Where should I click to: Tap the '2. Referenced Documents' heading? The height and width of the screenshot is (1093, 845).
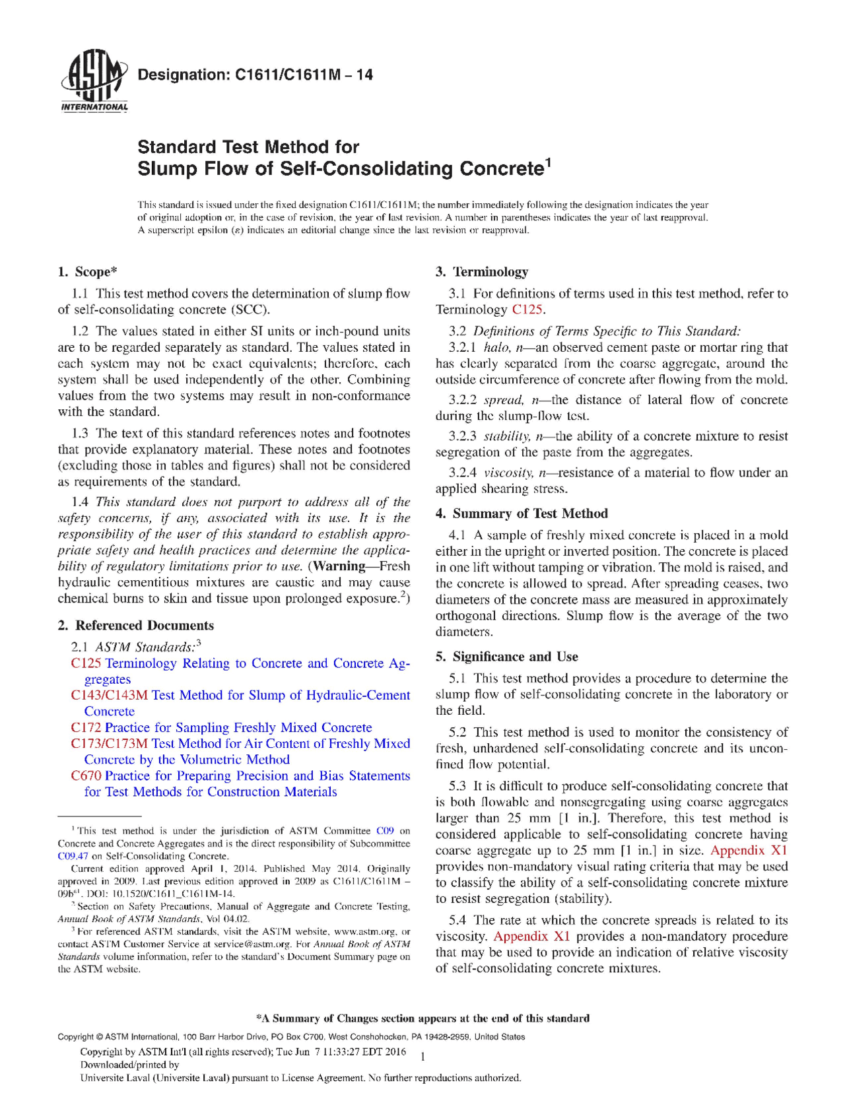point(135,625)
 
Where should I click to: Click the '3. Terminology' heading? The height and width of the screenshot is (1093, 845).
point(482,272)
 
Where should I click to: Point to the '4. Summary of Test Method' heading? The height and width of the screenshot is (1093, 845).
point(522,513)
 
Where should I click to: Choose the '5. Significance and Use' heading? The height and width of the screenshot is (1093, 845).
point(506,657)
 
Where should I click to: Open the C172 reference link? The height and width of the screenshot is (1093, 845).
point(86,727)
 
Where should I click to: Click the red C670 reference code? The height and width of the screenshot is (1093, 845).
point(86,776)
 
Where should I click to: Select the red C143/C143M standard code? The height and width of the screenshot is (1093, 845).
point(110,695)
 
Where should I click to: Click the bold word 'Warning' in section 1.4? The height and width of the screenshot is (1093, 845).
point(339,566)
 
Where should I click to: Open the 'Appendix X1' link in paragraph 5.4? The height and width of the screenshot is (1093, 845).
point(531,936)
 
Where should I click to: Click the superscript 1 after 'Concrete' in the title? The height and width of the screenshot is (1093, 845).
point(547,162)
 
